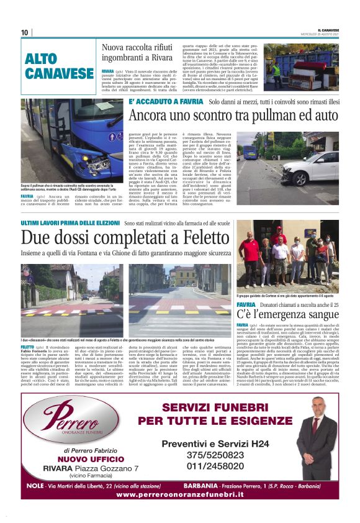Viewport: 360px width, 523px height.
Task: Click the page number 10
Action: point(25,32)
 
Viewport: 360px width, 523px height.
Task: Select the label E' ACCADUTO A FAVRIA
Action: point(165,101)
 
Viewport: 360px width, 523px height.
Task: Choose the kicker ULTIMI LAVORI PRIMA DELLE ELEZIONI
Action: point(71,222)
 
